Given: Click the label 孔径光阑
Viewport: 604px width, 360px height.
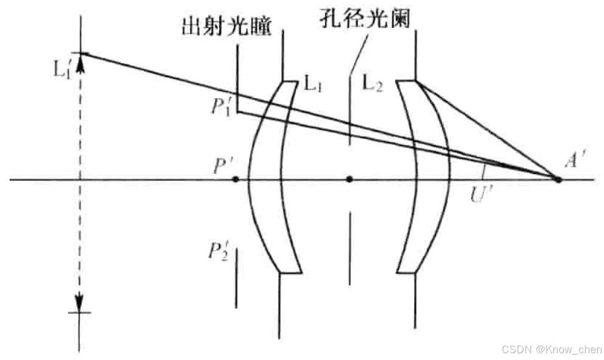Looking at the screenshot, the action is pyautogui.click(x=364, y=18).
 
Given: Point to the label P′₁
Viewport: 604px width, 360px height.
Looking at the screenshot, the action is pyautogui.click(x=220, y=104).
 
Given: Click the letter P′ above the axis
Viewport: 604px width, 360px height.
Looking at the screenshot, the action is pyautogui.click(x=223, y=166).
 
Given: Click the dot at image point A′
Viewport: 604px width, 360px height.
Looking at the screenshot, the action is pyautogui.click(x=557, y=180).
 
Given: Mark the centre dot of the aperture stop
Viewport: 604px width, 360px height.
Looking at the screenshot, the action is pyautogui.click(x=349, y=180).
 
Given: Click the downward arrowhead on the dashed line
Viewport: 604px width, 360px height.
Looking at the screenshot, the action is pyautogui.click(x=80, y=302).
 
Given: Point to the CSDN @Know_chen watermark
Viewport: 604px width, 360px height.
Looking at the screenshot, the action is pyautogui.click(x=552, y=349).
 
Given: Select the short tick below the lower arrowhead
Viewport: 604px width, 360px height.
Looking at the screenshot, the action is pyautogui.click(x=80, y=312).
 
